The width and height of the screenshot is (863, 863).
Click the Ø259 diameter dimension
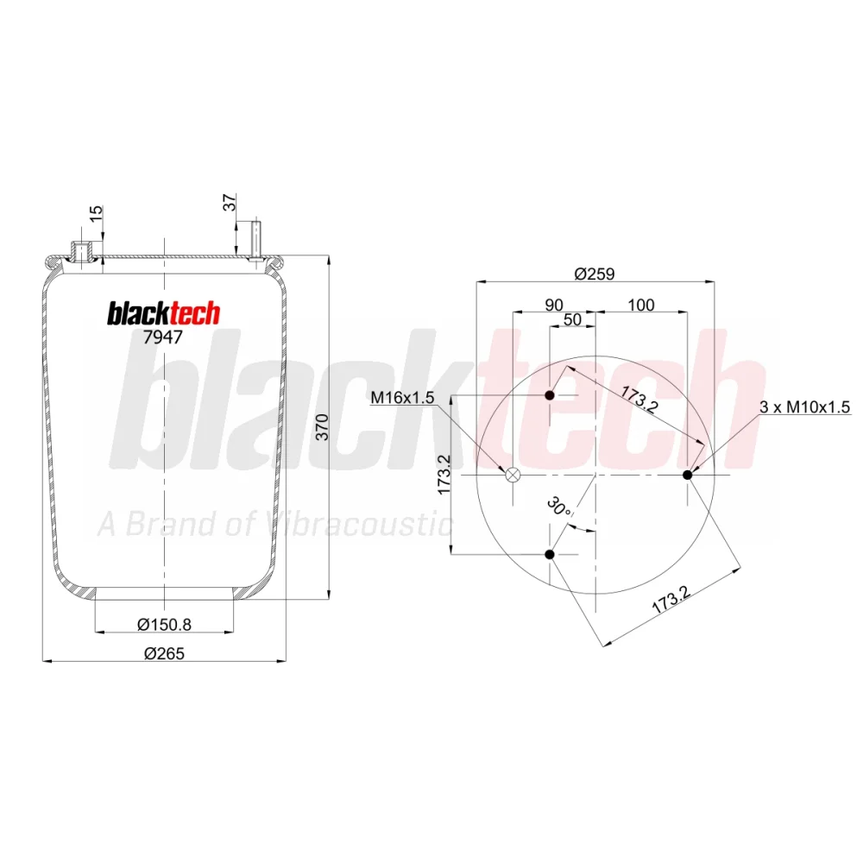[x=595, y=274]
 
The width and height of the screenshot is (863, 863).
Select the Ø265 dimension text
[x=164, y=653]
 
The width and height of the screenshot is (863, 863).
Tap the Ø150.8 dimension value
[x=164, y=624]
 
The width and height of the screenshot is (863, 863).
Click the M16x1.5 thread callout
[x=402, y=397]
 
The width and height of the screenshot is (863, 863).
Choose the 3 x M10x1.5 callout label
[x=804, y=406]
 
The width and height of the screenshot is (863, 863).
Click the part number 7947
[x=162, y=337]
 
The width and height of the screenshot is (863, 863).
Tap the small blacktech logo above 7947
[x=163, y=314]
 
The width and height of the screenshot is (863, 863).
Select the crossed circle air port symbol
[x=513, y=475]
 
